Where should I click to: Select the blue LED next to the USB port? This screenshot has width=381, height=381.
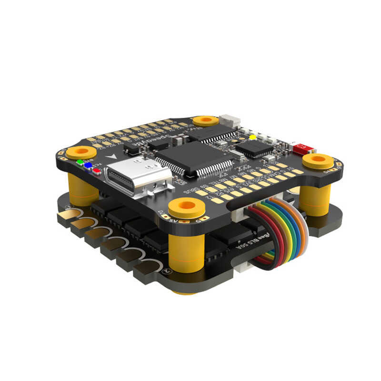click(x=88, y=165)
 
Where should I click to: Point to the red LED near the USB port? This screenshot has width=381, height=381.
click(x=97, y=169)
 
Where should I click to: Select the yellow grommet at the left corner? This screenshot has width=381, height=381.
click(x=80, y=152)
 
